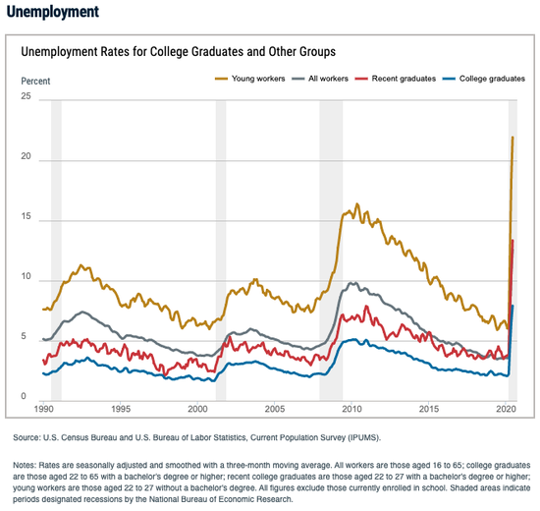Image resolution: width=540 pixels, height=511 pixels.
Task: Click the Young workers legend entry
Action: pos(250,79)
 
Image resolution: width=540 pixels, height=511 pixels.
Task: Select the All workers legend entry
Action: pos(320,79)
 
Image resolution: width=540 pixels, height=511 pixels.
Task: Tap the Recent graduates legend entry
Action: pos(396,79)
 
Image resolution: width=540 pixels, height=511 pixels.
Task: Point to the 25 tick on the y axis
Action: pos(26,96)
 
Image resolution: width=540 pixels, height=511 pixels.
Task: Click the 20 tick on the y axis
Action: pos(26,156)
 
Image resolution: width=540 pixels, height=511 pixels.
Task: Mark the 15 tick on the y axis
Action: pos(26,216)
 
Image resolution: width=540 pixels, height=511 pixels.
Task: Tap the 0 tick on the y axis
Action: pos(24,396)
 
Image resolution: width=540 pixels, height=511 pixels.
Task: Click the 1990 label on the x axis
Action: pos(44,409)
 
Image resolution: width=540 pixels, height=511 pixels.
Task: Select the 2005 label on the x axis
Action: pos(275,409)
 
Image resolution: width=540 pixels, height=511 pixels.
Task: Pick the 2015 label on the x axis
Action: pos(429,409)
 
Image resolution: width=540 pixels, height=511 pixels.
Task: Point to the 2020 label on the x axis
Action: pos(506,409)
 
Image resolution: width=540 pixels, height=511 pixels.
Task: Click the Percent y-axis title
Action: pos(35,81)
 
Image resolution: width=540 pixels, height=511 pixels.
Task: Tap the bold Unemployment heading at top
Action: pos(53,12)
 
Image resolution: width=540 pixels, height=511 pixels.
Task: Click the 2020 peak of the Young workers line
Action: pos(513,138)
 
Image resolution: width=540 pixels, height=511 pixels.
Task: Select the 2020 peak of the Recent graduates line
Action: pos(513,241)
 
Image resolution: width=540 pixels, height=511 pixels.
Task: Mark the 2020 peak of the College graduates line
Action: pos(513,306)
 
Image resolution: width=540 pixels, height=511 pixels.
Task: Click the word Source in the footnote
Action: pos(27,437)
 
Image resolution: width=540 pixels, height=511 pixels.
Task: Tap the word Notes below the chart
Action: pos(25,465)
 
